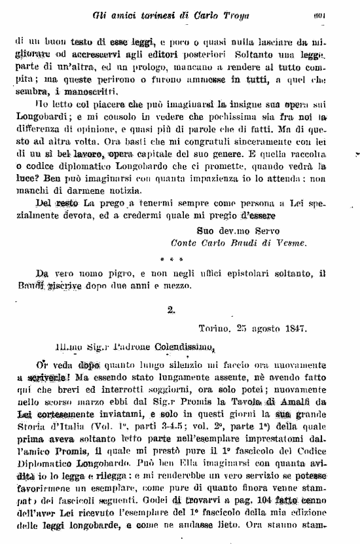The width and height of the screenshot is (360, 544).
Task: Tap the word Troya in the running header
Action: (233, 14)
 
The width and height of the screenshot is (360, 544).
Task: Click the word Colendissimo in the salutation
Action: (181, 349)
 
